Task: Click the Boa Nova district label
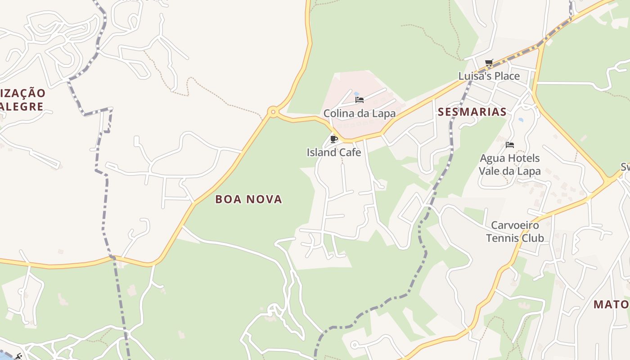(248, 199)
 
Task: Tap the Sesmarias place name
(472, 112)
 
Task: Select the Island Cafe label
(333, 153)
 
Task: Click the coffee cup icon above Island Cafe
(333, 139)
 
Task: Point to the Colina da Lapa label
(359, 113)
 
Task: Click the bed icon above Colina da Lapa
(359, 100)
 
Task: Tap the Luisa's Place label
(489, 76)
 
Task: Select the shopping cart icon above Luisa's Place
(489, 63)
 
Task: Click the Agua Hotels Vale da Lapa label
(509, 164)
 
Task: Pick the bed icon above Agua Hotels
(509, 145)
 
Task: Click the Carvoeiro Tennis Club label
(515, 231)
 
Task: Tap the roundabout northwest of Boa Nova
(272, 112)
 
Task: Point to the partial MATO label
(611, 305)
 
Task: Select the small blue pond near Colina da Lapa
(356, 94)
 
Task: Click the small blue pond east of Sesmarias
(521, 120)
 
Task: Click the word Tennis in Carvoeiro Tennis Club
(502, 238)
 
